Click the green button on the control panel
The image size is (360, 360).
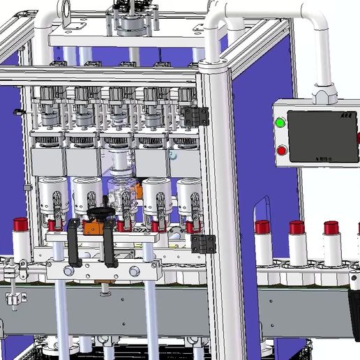click(x=280, y=123)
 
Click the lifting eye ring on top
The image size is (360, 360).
click(x=68, y=11)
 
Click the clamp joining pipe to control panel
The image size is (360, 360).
click(x=324, y=92)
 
